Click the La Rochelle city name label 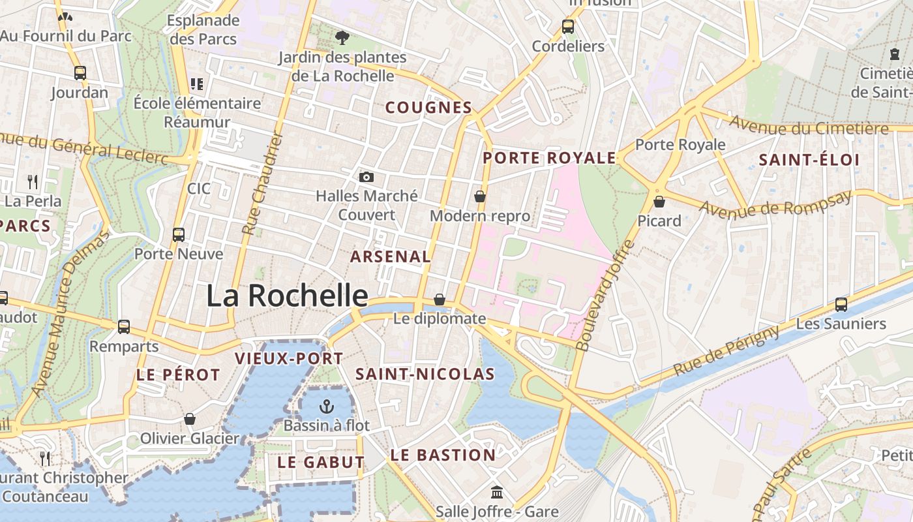[x=287, y=296]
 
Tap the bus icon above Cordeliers [x=568, y=27]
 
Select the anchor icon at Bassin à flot [x=326, y=407]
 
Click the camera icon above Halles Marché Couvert [x=367, y=177]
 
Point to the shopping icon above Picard [x=659, y=202]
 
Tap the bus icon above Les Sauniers [x=841, y=304]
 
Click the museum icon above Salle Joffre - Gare [x=497, y=492]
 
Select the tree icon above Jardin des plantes [x=342, y=38]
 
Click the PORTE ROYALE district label [x=549, y=158]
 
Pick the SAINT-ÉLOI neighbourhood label [x=809, y=160]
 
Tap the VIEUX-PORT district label [x=288, y=358]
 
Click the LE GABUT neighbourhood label [x=321, y=462]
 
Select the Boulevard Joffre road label [x=606, y=296]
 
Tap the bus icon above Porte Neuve [x=179, y=234]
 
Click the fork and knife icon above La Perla [x=33, y=182]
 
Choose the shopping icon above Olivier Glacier [x=190, y=418]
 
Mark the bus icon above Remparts [x=124, y=327]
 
